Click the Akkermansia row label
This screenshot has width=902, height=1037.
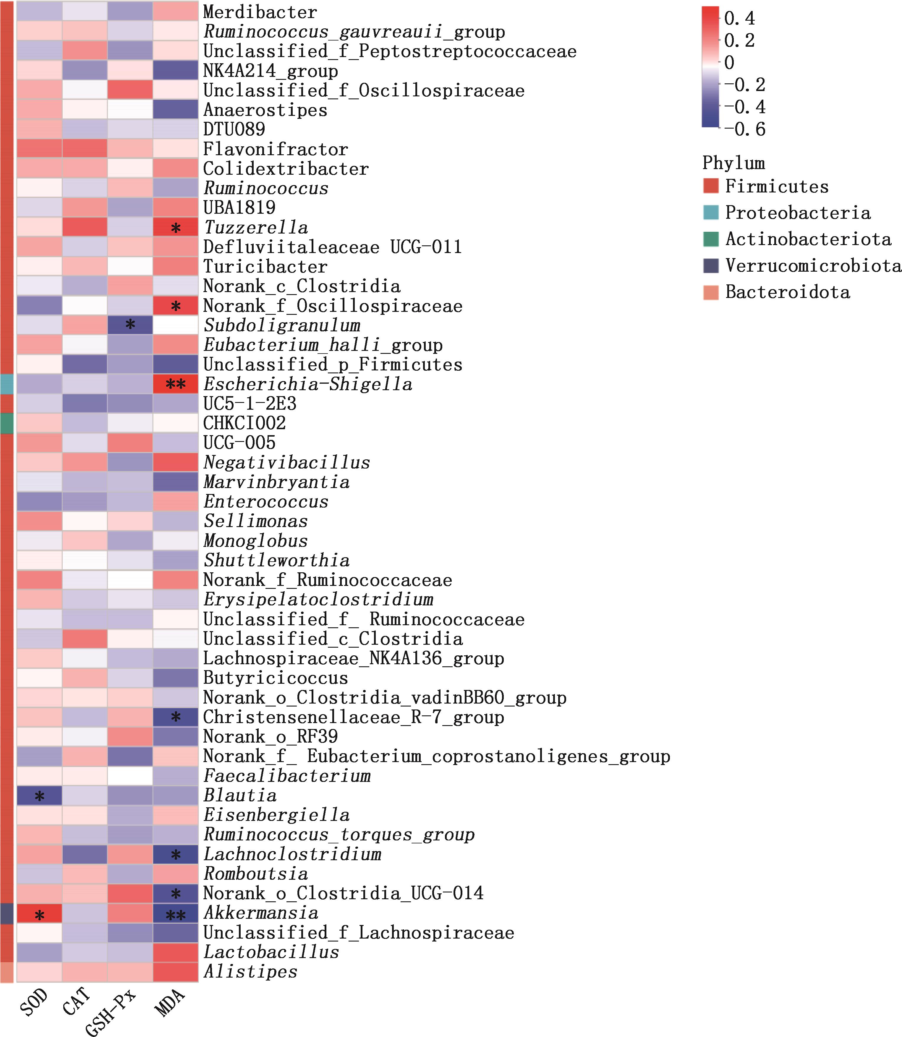coord(261,913)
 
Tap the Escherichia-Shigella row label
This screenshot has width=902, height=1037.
coord(307,384)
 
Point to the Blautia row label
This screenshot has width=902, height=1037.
coord(240,795)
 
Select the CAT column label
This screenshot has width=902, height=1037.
coord(77,1001)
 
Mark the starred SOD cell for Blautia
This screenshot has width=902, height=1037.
coord(39,796)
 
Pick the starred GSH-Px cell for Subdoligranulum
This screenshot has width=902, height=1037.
coord(130,325)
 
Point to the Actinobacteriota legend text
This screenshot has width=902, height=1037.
coord(808,239)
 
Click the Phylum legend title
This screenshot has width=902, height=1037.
coord(733,163)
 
